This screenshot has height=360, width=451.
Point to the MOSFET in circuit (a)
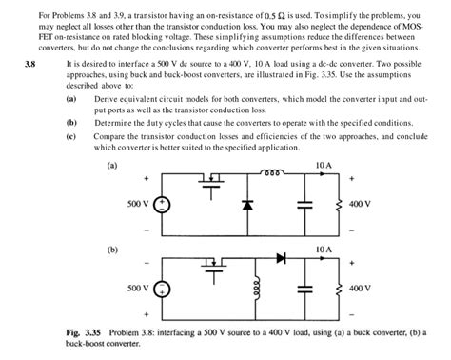[214, 181]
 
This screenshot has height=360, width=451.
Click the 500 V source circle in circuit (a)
[163, 204]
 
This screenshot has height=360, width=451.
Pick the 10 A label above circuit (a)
[323, 165]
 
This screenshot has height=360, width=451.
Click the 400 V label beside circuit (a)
[361, 204]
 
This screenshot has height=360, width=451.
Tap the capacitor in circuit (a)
[304, 204]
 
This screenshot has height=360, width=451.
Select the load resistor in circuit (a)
[339, 204]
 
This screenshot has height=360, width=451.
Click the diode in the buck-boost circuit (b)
[281, 257]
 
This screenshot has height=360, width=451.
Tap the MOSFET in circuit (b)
[214, 264]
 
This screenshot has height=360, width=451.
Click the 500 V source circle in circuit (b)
[163, 288]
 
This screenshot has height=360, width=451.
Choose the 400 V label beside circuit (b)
[361, 287]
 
